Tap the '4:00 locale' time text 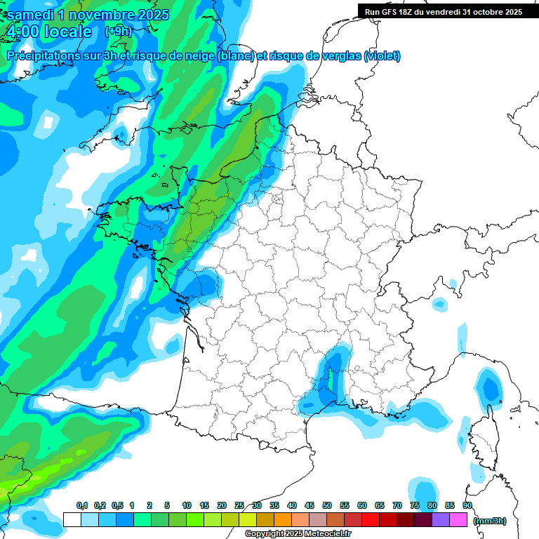(48, 32)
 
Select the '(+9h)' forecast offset (118, 32)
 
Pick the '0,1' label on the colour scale (82, 506)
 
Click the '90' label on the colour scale (467, 506)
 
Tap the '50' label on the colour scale (327, 506)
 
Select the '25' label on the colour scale (239, 506)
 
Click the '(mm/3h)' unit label (490, 521)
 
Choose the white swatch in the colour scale (72, 519)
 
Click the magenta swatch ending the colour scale (458, 519)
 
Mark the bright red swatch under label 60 (371, 519)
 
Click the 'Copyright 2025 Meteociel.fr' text (298, 534)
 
